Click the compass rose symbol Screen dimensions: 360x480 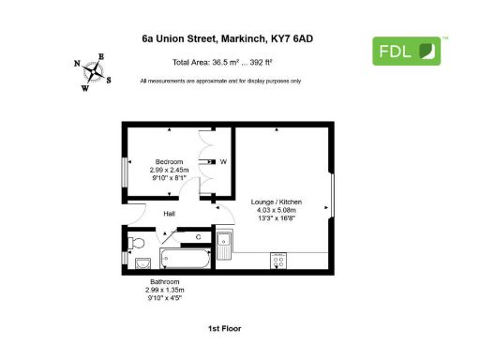(94, 71)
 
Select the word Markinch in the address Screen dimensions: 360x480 (246, 39)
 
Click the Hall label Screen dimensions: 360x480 (169, 214)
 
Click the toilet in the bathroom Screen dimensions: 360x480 (141, 260)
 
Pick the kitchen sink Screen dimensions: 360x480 (225, 246)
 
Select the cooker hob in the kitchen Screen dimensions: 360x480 (278, 258)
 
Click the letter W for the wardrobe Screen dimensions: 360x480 (223, 161)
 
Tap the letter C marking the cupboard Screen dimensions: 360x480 (198, 237)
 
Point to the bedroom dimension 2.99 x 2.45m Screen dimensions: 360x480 (169, 170)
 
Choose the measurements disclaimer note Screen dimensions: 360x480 (220, 82)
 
